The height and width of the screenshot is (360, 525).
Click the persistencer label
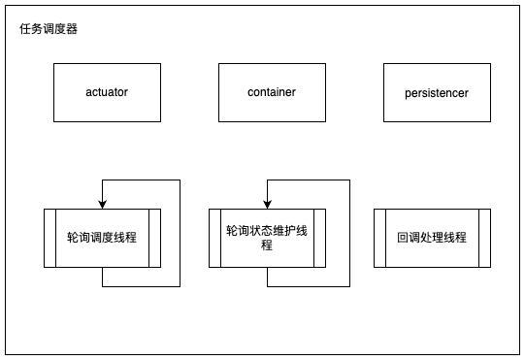(x=437, y=93)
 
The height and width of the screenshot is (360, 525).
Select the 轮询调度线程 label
(x=101, y=238)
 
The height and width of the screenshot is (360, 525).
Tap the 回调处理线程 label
(x=432, y=238)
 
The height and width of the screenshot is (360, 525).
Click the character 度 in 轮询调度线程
(x=107, y=238)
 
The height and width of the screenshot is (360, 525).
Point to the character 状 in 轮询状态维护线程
(x=255, y=231)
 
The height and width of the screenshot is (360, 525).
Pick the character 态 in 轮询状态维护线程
(x=267, y=231)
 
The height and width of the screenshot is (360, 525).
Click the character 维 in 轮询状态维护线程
(x=279, y=231)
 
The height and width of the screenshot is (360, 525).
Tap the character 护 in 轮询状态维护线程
(x=290, y=231)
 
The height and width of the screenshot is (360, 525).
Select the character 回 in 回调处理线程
(x=403, y=238)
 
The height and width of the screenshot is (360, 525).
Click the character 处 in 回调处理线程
(x=426, y=238)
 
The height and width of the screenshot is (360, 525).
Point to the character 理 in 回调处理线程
(x=438, y=238)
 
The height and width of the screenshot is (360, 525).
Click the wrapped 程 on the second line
(x=267, y=245)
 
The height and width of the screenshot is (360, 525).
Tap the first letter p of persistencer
(x=409, y=94)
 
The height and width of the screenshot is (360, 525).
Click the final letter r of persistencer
(x=467, y=93)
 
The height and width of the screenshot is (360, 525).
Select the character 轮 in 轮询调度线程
(x=72, y=238)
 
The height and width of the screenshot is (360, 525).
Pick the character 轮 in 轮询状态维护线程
(x=232, y=231)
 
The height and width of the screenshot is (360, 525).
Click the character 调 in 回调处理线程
(x=414, y=238)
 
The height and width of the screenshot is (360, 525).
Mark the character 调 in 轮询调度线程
(x=95, y=238)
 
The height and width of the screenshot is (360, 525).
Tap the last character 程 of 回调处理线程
(x=461, y=238)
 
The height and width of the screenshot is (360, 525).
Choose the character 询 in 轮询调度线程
(x=83, y=238)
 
